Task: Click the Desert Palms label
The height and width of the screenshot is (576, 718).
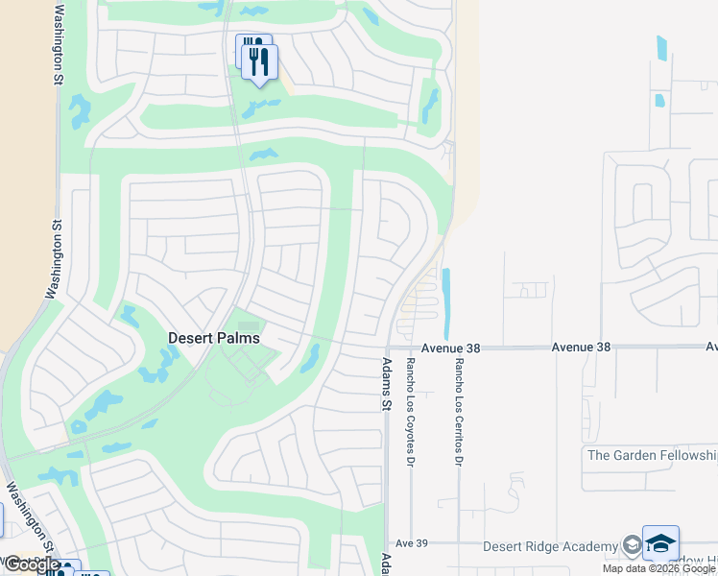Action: click(213, 338)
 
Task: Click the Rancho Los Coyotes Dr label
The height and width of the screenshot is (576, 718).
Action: click(410, 399)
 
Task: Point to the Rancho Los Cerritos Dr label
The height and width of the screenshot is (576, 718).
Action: click(459, 399)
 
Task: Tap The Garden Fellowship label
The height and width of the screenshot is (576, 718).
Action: click(652, 455)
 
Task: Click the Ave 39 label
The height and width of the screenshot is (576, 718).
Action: click(411, 543)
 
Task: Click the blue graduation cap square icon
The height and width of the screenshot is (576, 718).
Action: click(660, 542)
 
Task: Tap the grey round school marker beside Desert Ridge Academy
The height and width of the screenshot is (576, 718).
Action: click(631, 545)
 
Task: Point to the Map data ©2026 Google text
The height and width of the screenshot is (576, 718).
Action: click(659, 568)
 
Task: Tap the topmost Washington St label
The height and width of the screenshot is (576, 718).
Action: click(60, 43)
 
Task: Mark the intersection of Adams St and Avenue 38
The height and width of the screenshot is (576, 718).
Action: click(386, 348)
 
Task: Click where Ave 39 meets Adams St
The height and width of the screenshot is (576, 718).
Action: click(386, 543)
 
